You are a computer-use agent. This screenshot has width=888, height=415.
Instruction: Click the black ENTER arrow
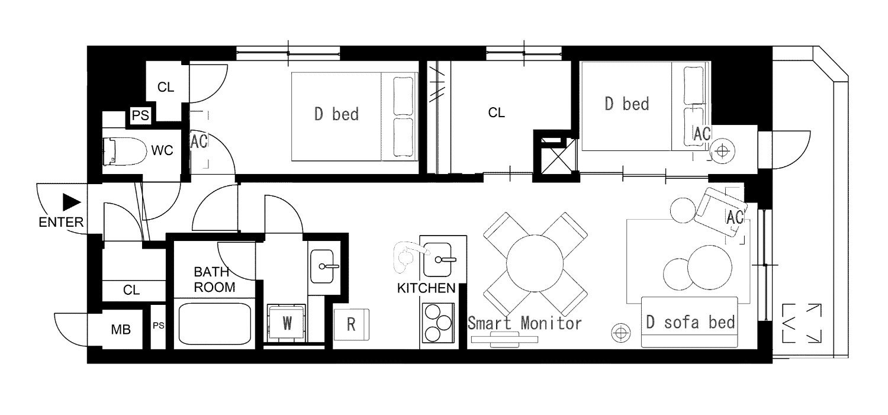tap(72, 202)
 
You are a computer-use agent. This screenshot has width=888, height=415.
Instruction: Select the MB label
tap(121, 329)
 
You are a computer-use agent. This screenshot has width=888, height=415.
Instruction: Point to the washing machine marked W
tap(286, 323)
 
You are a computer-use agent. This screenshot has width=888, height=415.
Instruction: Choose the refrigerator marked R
tap(351, 324)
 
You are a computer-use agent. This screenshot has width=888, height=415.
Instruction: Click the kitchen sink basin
tap(437, 260)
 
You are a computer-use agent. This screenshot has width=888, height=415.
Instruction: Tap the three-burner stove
tap(438, 323)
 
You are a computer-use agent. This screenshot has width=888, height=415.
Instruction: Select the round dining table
tap(535, 263)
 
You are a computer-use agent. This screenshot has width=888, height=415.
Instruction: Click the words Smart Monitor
tap(525, 323)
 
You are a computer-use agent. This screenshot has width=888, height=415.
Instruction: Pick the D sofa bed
tap(690, 322)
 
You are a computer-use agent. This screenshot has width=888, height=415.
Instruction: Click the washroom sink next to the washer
tap(322, 266)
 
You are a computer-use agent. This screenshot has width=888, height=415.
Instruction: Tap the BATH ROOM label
tap(214, 279)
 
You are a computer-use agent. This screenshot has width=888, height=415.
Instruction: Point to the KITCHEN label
tap(426, 288)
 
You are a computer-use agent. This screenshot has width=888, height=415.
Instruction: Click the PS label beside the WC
tap(140, 115)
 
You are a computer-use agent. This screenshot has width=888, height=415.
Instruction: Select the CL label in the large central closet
tap(496, 113)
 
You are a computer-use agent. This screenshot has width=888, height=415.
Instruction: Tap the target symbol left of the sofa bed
tap(621, 332)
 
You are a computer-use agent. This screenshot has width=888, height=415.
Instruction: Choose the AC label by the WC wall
tap(199, 141)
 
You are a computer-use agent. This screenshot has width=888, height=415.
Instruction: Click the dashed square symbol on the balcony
tap(801, 323)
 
